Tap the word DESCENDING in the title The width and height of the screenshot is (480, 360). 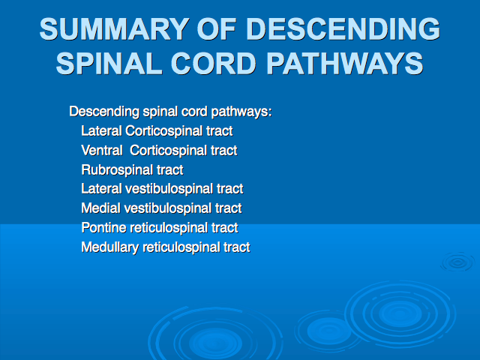coord(343,28)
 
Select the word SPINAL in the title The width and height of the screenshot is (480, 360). coord(109,63)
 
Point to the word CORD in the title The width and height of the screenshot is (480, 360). coord(213,63)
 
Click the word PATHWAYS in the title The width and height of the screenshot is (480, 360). coord(345,63)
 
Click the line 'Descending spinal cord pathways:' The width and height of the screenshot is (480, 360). coord(170,112)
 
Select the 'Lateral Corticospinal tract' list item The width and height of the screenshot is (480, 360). coord(157,131)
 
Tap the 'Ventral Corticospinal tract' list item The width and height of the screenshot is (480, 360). coord(159,151)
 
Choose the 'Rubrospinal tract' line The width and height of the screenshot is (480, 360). coord(132,170)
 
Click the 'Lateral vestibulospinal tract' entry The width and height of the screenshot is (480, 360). coord(162,189)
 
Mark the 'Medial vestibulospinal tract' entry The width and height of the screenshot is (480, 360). coord(162,208)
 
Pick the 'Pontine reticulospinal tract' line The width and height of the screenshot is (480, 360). coord(160,228)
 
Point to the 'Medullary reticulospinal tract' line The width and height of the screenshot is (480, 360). coord(166,247)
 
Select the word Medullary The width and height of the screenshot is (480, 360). coord(109,247)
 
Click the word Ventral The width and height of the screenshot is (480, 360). coord(102,151)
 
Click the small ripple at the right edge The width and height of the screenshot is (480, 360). coord(458,262)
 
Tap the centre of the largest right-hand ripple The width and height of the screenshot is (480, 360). coord(400,313)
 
